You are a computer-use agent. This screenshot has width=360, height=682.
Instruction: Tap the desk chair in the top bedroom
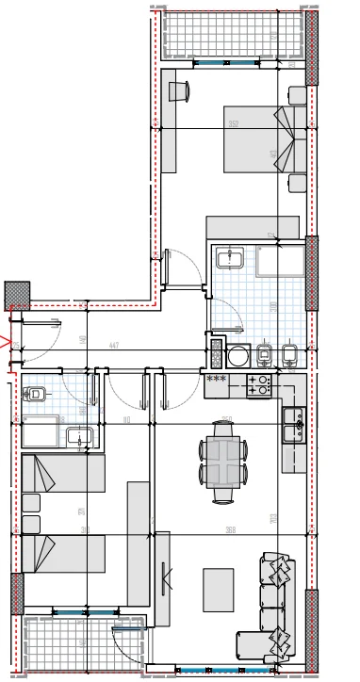pos(180,90)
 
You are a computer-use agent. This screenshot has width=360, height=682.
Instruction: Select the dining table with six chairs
pos(223,462)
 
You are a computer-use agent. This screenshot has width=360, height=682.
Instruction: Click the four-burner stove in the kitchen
pos(258,384)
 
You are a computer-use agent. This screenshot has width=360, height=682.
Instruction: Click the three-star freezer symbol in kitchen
pos(216,380)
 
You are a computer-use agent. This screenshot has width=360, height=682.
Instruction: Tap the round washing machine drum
pos(237,356)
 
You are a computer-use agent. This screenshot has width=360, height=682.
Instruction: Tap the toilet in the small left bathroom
pos(38,395)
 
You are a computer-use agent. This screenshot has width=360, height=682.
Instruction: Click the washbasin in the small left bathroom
pos(78,436)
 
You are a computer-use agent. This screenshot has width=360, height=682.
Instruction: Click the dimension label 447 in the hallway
pos(113,346)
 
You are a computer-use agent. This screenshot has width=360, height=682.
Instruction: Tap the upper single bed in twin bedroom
pos(62,473)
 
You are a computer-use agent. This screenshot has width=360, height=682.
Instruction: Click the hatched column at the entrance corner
pos(17,295)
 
